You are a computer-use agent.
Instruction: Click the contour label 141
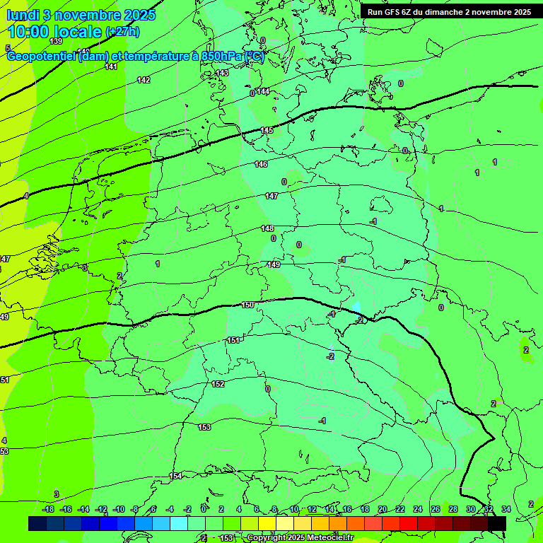point(111,66)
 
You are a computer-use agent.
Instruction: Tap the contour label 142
point(144,80)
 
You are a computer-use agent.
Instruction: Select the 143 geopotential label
point(222,73)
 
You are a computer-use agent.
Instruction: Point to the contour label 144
point(263,92)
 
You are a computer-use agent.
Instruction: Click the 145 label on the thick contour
point(267,131)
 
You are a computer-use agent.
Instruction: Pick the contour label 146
point(261,164)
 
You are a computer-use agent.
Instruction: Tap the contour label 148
point(267,228)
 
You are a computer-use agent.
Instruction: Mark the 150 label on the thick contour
point(247,305)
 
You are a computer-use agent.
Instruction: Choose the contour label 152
point(218,384)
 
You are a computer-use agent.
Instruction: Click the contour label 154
point(175,476)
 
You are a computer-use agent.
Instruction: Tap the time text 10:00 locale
point(54,32)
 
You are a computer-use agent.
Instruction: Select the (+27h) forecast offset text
point(122,32)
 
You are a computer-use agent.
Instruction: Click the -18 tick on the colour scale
point(48,509)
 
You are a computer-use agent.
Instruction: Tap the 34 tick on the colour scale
point(506,509)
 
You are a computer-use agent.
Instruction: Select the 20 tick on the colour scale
point(382,509)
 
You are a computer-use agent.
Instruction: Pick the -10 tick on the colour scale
point(119,509)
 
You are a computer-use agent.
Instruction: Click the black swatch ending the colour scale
point(497,523)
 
